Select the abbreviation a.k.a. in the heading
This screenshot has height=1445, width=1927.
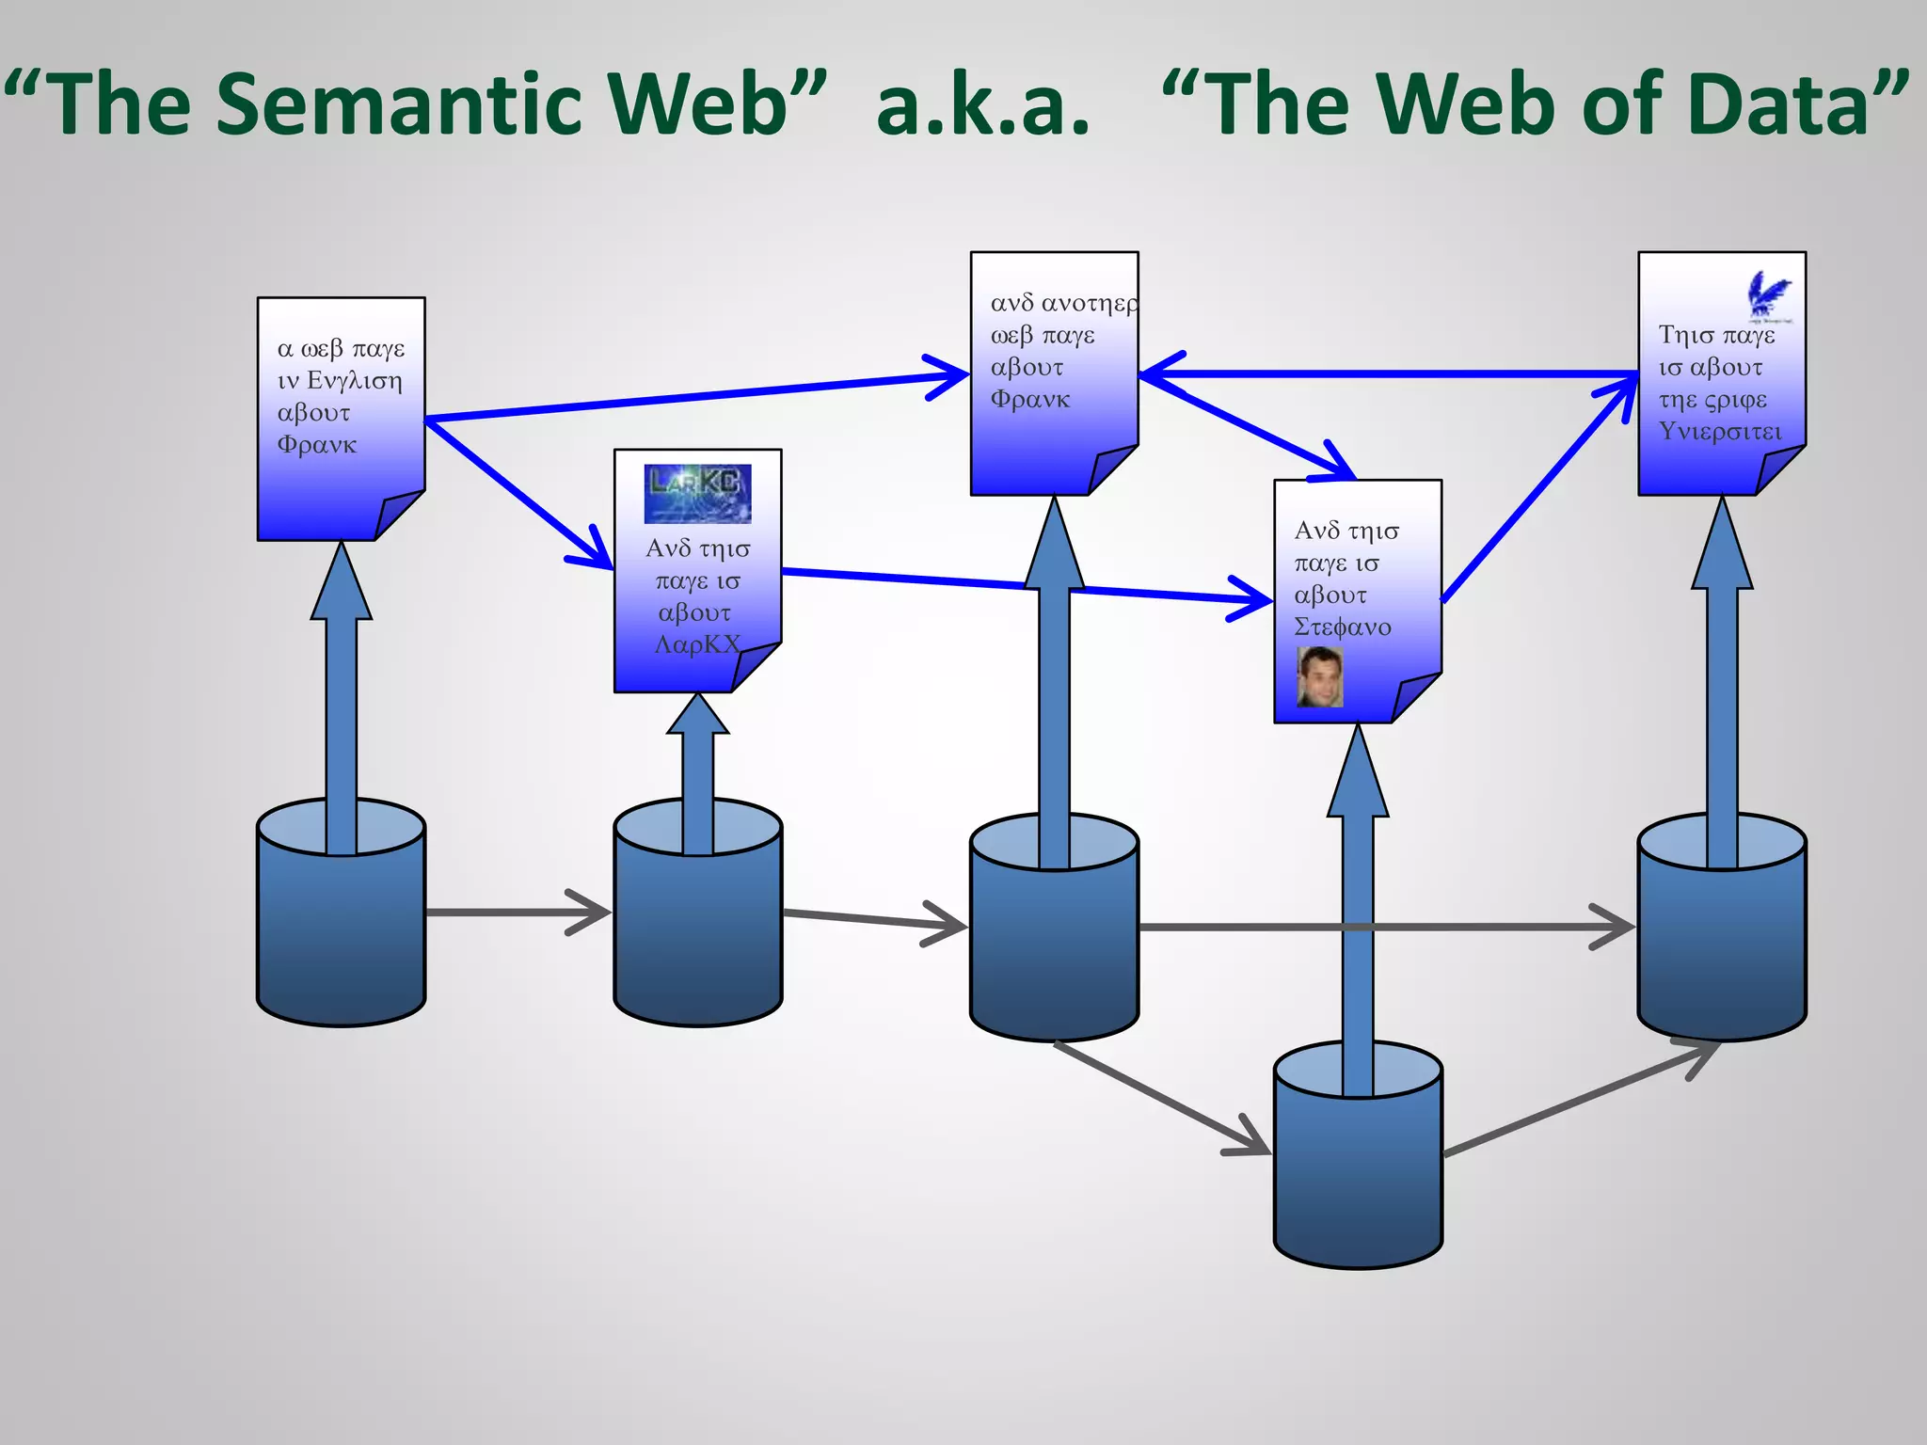[x=982, y=105]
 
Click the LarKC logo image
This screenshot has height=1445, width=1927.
[x=697, y=493]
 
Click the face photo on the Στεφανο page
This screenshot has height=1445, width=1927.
[x=1319, y=676]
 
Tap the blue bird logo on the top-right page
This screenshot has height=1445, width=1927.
[x=1768, y=294]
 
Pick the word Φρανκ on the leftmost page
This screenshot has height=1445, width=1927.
[x=317, y=445]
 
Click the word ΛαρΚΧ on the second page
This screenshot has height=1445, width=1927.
[x=697, y=644]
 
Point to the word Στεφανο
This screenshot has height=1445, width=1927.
[x=1342, y=627]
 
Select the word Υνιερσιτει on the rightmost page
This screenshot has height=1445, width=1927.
[x=1720, y=432]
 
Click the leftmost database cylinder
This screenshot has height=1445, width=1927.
[x=341, y=927]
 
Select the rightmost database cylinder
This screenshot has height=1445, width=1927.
[x=1721, y=941]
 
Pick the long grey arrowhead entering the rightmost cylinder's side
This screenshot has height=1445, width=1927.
[x=1615, y=927]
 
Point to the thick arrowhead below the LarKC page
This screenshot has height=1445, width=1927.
[x=697, y=715]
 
